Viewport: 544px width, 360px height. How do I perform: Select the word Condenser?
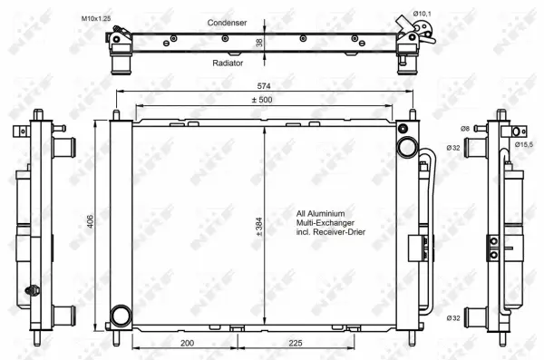click(x=227, y=22)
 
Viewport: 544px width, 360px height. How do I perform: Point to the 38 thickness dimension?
click(x=259, y=43)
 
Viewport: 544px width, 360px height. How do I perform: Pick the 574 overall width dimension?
click(x=262, y=87)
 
